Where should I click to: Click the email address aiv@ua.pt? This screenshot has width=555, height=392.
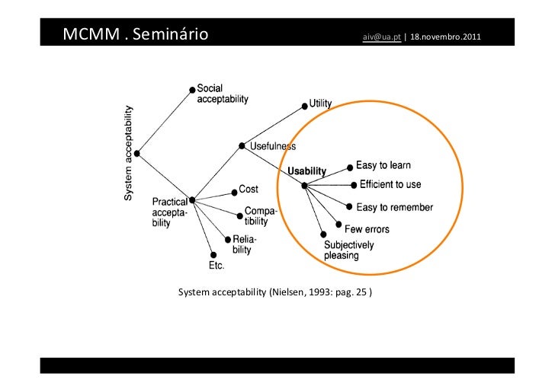(382, 37)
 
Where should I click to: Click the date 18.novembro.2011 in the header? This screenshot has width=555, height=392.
(445, 37)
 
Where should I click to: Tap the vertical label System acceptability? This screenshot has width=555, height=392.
(129, 153)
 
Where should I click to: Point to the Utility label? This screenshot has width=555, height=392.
(320, 103)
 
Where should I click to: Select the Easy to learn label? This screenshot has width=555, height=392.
(383, 165)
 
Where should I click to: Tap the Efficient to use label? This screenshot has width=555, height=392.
(390, 185)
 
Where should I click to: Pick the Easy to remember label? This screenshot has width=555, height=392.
(394, 207)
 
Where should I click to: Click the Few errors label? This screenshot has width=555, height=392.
(367, 228)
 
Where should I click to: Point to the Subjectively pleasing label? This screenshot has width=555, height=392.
(349, 250)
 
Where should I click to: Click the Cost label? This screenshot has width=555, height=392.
(249, 189)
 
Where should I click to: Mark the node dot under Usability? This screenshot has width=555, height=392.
(303, 186)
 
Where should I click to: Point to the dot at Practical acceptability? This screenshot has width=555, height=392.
(192, 200)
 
